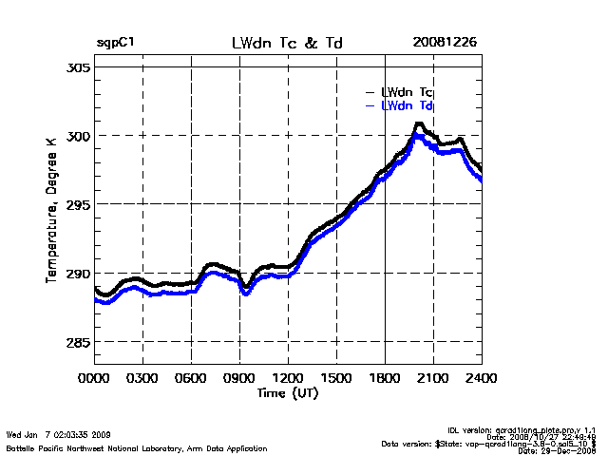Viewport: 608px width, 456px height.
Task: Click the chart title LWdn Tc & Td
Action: click(288, 43)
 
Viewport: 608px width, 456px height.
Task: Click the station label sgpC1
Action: click(116, 43)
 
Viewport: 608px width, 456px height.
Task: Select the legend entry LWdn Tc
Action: click(407, 92)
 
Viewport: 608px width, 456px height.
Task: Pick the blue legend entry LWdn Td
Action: click(407, 105)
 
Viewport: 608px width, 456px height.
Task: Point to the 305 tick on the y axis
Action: click(78, 68)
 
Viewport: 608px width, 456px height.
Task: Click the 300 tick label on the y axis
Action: click(78, 136)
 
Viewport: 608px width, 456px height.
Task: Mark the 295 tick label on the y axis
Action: click(78, 204)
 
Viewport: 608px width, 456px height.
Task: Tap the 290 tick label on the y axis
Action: click(78, 274)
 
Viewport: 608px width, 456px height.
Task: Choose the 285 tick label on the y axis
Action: click(78, 342)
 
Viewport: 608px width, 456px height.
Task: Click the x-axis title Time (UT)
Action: click(288, 391)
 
